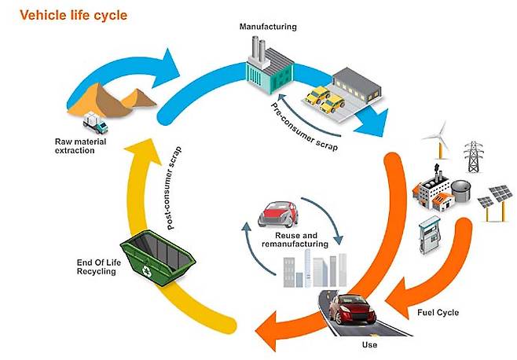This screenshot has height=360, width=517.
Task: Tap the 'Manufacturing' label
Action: (268, 27)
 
